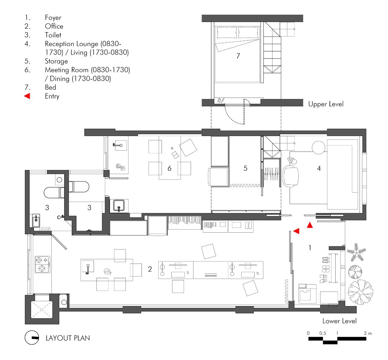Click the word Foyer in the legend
click(53, 18)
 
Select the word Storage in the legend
click(56, 61)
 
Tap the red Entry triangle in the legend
click(27, 96)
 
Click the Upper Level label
click(326, 104)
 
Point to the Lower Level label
click(339, 321)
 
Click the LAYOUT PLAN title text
click(68, 338)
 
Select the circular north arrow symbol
click(32, 338)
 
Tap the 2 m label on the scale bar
click(368, 333)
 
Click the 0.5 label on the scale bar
click(323, 333)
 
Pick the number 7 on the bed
click(238, 56)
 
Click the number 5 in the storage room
click(246, 168)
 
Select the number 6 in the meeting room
click(169, 168)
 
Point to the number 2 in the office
click(150, 269)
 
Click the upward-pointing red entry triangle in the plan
click(309, 225)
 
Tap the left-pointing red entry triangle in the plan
click(296, 231)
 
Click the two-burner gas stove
click(42, 264)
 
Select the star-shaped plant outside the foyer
click(356, 252)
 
